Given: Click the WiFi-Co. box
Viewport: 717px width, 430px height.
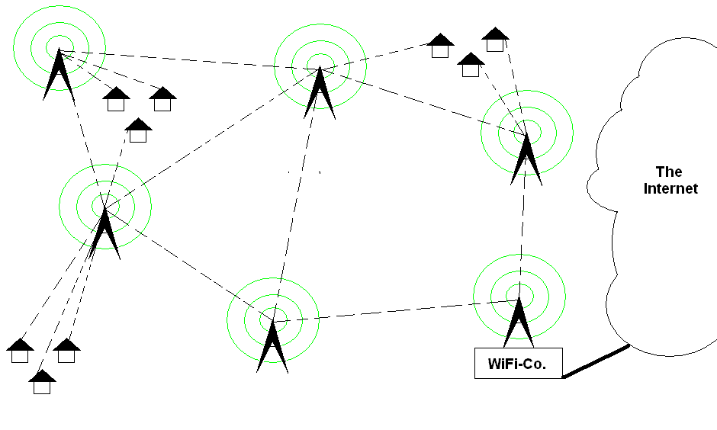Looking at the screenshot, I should [x=518, y=364].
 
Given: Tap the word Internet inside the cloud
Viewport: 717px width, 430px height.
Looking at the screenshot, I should [x=670, y=188].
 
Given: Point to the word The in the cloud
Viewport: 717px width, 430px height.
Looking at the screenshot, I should [x=669, y=172].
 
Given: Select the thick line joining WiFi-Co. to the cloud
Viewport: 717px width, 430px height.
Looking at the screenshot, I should [x=596, y=361].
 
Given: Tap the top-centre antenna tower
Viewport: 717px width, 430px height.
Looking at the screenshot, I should [x=320, y=93].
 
